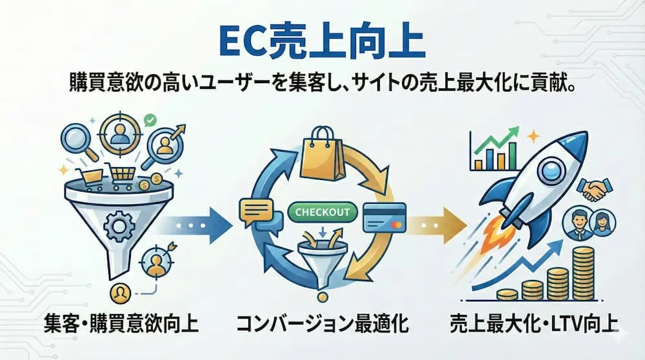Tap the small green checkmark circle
[x=150, y=119]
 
